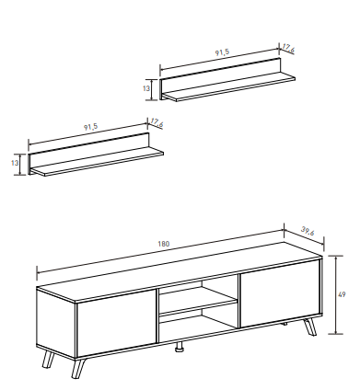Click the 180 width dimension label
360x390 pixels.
pyautogui.click(x=164, y=244)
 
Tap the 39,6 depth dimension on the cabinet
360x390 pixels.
pyautogui.click(x=308, y=231)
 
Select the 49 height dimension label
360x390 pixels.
pyautogui.click(x=342, y=294)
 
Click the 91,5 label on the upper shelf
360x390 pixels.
pyautogui.click(x=222, y=52)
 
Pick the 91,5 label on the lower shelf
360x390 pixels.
pyautogui.click(x=91, y=127)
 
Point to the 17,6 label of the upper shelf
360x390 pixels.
pyautogui.click(x=288, y=48)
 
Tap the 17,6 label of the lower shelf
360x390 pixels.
pyautogui.click(x=157, y=123)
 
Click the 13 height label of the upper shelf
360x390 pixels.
pyautogui.click(x=146, y=88)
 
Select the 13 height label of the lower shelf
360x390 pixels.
pyautogui.click(x=15, y=163)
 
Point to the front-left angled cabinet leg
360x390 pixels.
pyautogui.click(x=78, y=368)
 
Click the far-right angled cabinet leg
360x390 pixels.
pyautogui.click(x=310, y=327)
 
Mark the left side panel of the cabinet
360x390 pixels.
pyautogui.click(x=56, y=323)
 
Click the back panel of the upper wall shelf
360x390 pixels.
pyautogui.click(x=221, y=76)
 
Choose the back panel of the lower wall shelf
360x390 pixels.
pyautogui.click(x=89, y=152)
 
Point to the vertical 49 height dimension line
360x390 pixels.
pyautogui.click(x=336, y=294)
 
